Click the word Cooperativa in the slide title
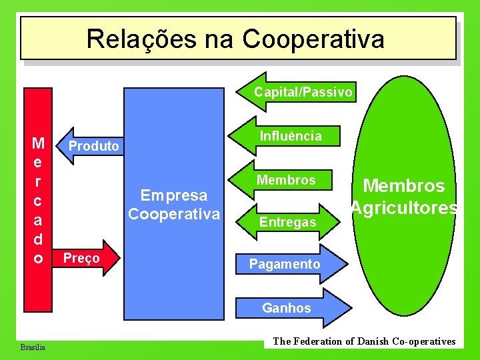[x=313, y=39]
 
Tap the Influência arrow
[x=290, y=136]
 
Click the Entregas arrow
[x=288, y=222]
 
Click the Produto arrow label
[x=94, y=146]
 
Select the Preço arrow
[x=82, y=258]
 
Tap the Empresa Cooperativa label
[x=173, y=205]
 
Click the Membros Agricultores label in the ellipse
[x=404, y=197]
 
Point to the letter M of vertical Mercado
[x=39, y=143]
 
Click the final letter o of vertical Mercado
[x=39, y=258]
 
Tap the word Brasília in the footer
[x=33, y=347]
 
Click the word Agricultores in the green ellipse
[x=404, y=208]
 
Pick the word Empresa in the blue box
[x=173, y=195]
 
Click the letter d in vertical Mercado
[x=39, y=239]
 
